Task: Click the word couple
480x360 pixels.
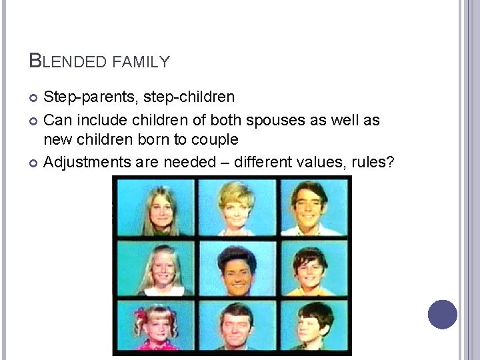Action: pyautogui.click(x=214, y=139)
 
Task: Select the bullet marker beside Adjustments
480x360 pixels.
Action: pyautogui.click(x=34, y=163)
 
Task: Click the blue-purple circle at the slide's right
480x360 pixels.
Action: pyautogui.click(x=443, y=314)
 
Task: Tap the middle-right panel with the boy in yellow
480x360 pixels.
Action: pyautogui.click(x=311, y=268)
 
